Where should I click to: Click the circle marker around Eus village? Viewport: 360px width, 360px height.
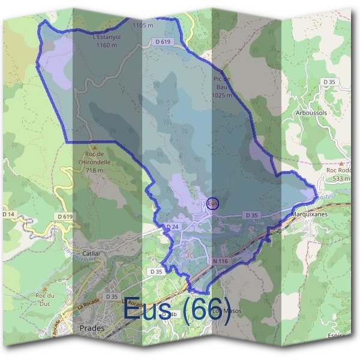pos(213,203)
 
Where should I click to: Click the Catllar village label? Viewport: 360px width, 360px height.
pos(88,254)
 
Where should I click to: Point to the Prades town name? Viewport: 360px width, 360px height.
pos(92,328)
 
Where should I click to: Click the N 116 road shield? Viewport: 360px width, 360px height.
pos(220,262)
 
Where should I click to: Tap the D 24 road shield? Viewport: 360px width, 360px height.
pos(172,227)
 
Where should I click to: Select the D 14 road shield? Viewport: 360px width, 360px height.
pos(8,214)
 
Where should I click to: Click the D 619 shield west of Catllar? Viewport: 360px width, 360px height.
pos(65,216)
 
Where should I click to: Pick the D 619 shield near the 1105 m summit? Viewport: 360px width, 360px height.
pos(163,42)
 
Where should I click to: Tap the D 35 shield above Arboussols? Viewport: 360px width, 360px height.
pos(329,82)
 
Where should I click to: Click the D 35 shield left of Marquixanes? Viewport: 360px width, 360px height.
pos(251,215)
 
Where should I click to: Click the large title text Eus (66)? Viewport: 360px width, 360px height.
pos(177,311)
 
